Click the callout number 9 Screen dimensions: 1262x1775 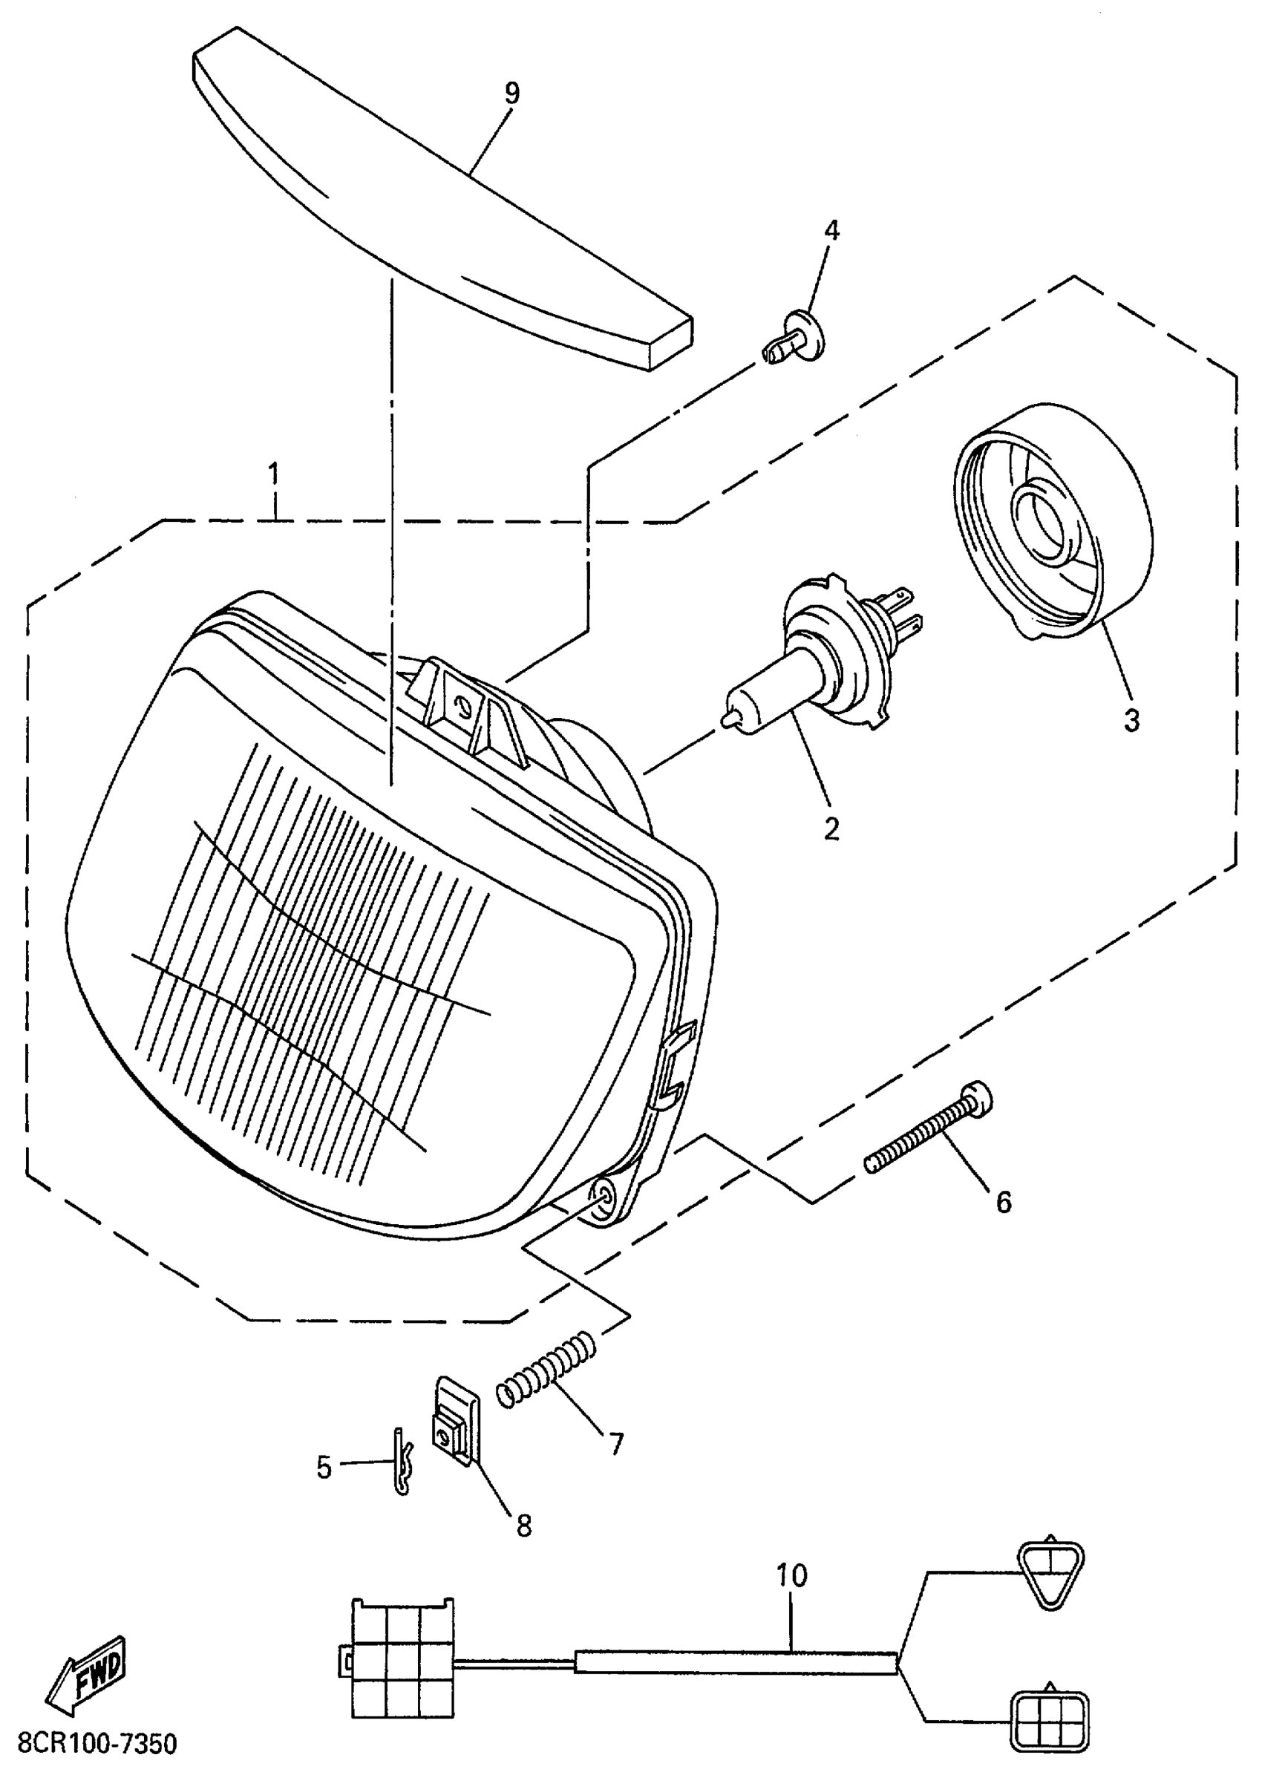click(x=511, y=94)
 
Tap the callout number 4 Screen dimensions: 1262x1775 click(x=831, y=230)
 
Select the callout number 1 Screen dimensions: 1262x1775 click(x=273, y=474)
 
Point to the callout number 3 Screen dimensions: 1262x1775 click(x=1131, y=720)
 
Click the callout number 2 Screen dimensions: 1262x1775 click(x=831, y=829)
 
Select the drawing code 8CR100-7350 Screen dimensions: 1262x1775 click(x=97, y=1744)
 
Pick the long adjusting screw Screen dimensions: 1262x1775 click(x=929, y=1131)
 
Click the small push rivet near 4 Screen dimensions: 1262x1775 click(x=793, y=342)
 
